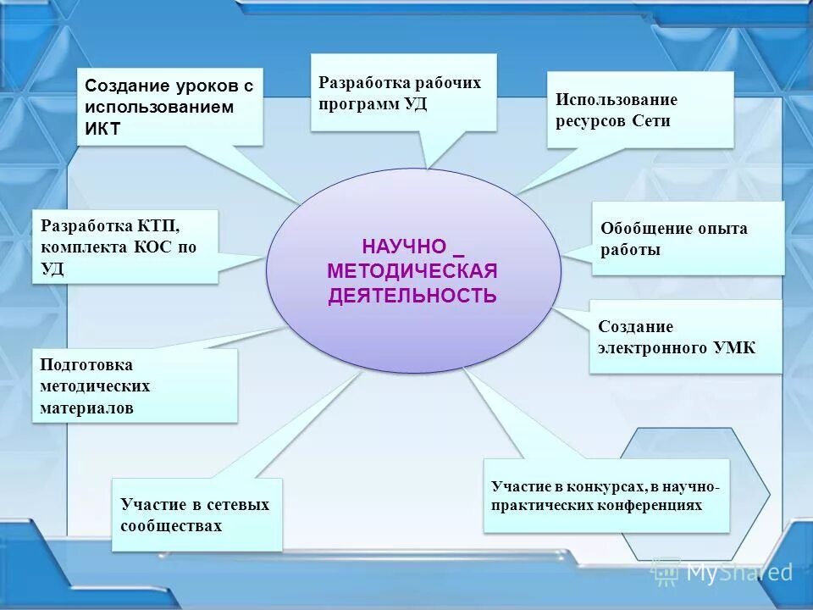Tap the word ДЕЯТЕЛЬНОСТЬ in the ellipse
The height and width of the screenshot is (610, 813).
pyautogui.click(x=412, y=296)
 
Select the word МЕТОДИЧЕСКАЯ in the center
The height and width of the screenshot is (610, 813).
pyautogui.click(x=412, y=271)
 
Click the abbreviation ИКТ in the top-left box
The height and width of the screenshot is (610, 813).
pyautogui.click(x=103, y=129)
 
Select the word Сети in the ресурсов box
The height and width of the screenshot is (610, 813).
pyautogui.click(x=651, y=120)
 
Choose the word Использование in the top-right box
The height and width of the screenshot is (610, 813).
pyautogui.click(x=617, y=99)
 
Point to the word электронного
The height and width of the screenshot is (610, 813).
pyautogui.click(x=648, y=347)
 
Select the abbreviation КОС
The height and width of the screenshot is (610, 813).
pyautogui.click(x=153, y=248)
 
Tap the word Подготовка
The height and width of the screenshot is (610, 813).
pyautogui.click(x=86, y=364)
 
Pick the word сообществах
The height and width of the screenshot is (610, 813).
pyautogui.click(x=171, y=525)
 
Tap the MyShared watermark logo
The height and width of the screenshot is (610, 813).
pyautogui.click(x=725, y=573)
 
